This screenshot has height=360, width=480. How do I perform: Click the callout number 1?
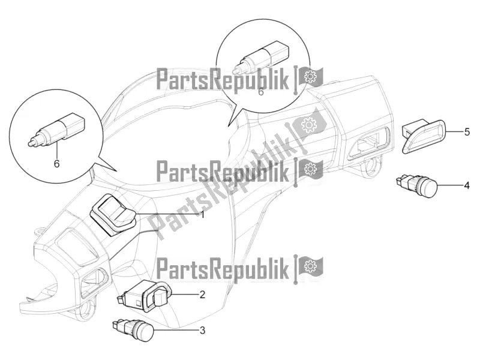(x=203, y=214)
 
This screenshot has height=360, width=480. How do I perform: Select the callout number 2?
(x=203, y=294)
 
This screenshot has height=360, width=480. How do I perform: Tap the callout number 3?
(x=203, y=329)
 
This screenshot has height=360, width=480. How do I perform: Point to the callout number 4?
(x=466, y=186)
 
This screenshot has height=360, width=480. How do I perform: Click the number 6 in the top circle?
(x=260, y=92)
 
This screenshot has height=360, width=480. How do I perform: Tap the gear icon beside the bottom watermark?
(x=310, y=265)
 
